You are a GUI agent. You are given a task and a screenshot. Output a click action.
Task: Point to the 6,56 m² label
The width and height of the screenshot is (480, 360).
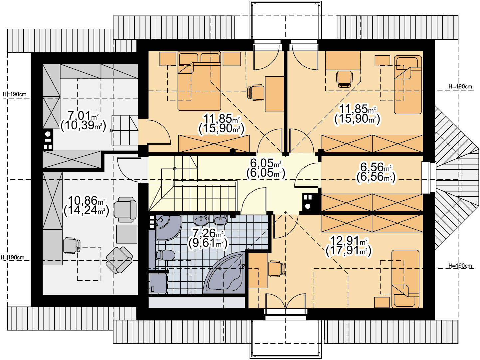376,167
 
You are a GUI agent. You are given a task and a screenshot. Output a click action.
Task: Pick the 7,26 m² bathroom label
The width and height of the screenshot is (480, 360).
208,233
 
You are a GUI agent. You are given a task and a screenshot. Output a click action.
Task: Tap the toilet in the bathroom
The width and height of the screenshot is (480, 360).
165,255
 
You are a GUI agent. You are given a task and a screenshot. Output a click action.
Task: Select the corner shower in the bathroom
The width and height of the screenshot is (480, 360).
169,228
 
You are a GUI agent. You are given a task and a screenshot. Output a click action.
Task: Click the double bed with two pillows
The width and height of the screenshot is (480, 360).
199,81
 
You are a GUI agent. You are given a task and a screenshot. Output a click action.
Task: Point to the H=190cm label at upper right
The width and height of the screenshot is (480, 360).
460,87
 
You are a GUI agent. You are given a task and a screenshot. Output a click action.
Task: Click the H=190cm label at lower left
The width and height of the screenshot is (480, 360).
13,257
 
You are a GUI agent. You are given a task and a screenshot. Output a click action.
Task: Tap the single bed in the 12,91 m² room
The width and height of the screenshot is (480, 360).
405,279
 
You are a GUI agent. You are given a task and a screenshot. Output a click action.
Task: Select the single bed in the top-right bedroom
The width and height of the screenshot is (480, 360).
408,85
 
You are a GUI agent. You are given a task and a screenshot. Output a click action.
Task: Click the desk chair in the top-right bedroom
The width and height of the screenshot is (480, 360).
344,79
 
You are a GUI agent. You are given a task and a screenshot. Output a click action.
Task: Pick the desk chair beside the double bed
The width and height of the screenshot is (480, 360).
256,93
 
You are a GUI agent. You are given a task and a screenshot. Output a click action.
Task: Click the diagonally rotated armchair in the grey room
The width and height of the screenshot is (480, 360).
119,260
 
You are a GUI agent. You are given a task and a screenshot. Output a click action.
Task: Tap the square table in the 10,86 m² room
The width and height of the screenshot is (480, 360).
127,234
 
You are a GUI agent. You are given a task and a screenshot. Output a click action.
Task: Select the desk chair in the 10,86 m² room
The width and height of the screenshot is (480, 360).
72,246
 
